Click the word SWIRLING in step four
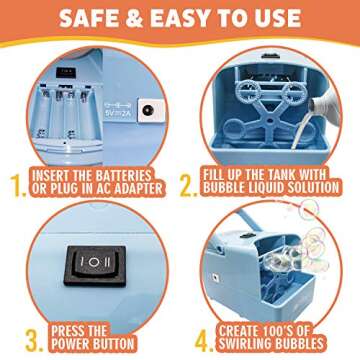(x=248, y=344)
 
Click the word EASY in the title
(x=184, y=18)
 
